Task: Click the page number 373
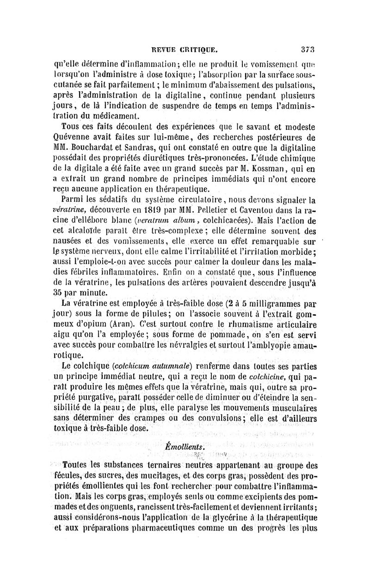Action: (307, 47)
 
